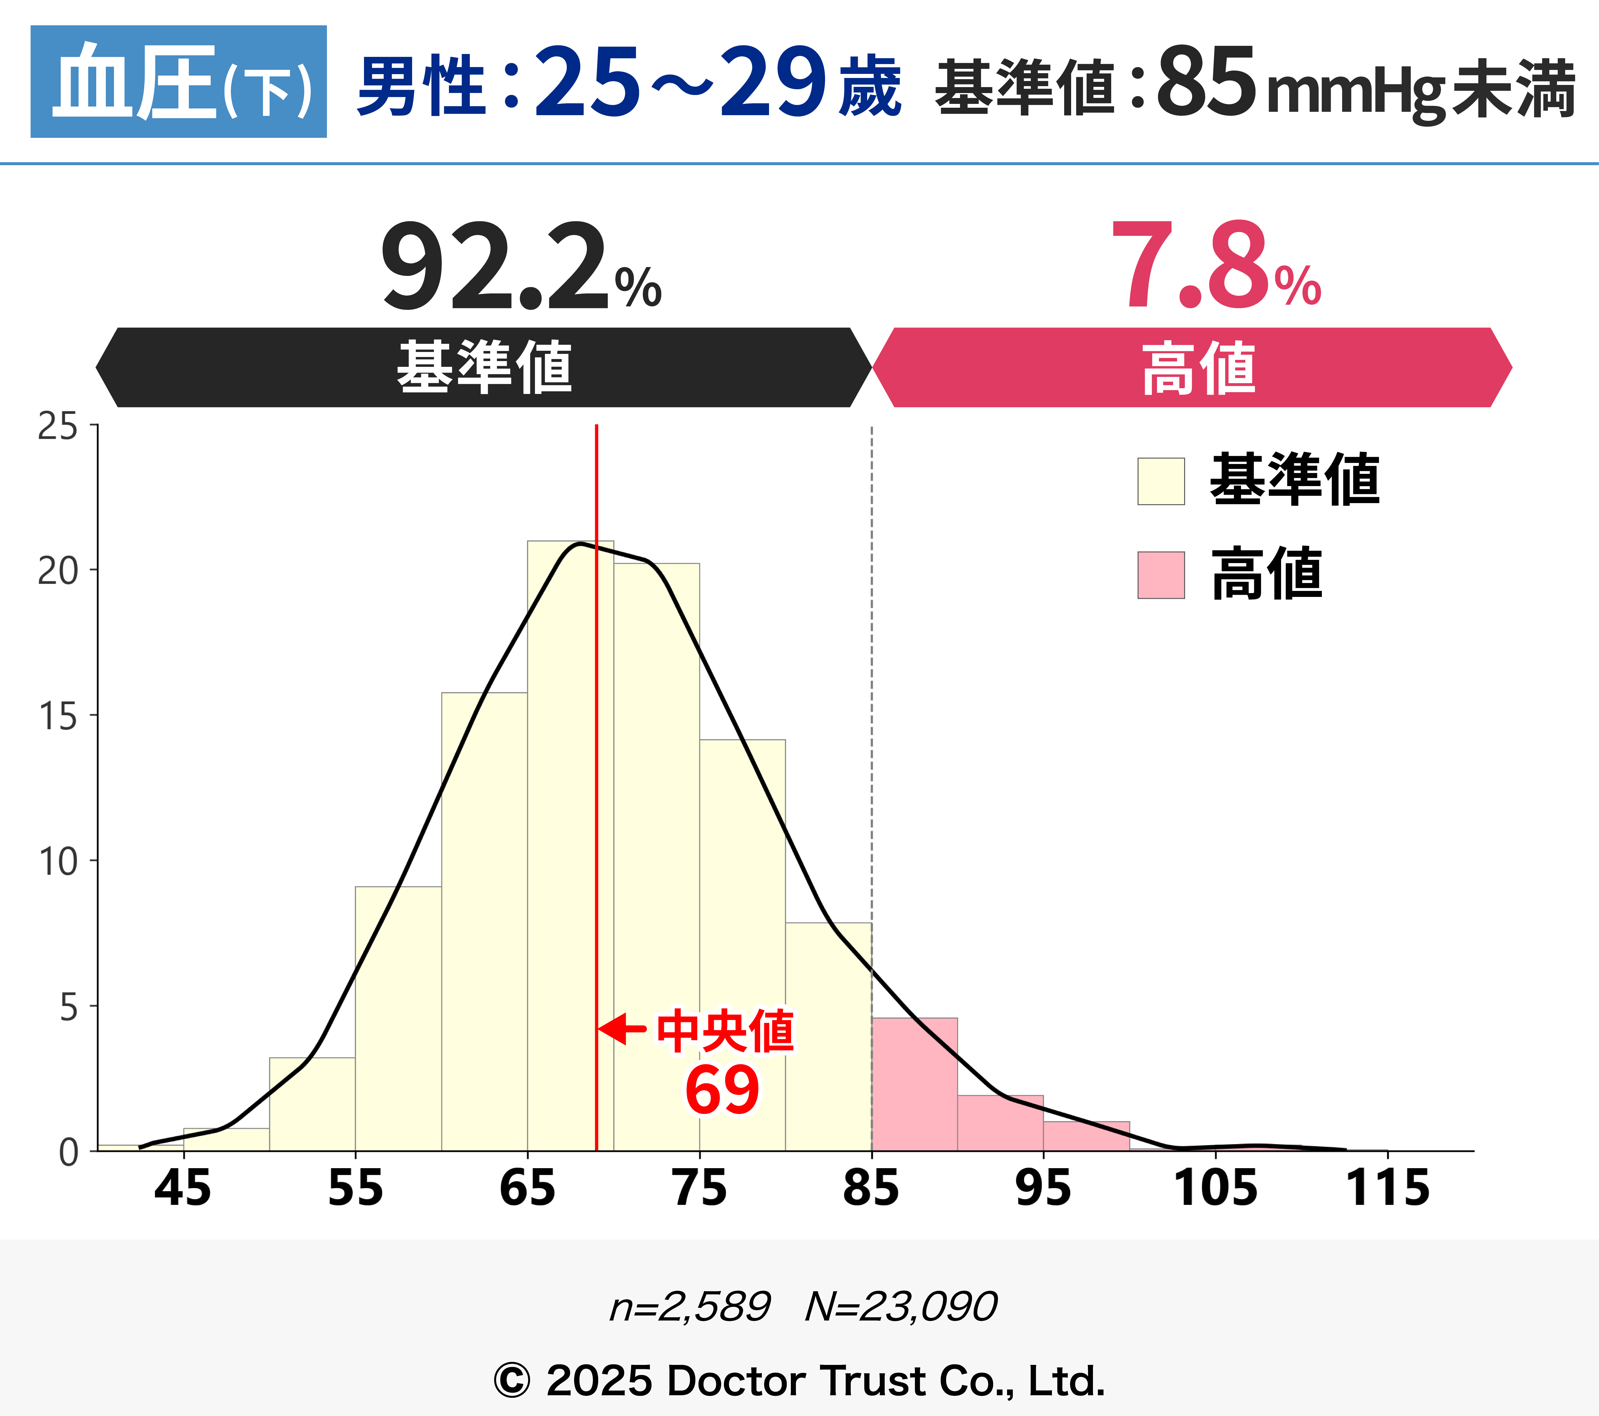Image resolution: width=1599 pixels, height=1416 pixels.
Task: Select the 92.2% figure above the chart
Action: pyautogui.click(x=520, y=266)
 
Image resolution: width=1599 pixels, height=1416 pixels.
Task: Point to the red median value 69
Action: pyautogui.click(x=721, y=1090)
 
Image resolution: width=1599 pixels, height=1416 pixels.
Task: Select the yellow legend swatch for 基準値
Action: pyautogui.click(x=1161, y=481)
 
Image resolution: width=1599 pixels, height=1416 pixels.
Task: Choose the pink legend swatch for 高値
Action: pyautogui.click(x=1161, y=575)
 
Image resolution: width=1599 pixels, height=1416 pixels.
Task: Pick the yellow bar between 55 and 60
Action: pyautogui.click(x=398, y=1017)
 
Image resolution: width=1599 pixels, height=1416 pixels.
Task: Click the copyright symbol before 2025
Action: pyautogui.click(x=512, y=1381)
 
